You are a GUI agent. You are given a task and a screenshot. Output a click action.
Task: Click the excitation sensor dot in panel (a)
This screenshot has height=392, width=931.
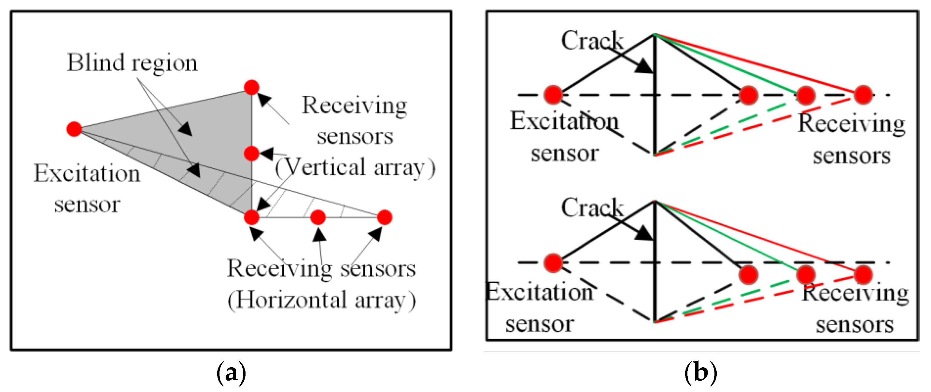click(74, 129)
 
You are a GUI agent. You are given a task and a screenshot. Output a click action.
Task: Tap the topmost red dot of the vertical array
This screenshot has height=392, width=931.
click(251, 88)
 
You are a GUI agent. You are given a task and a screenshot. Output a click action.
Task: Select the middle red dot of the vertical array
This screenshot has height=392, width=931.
click(251, 154)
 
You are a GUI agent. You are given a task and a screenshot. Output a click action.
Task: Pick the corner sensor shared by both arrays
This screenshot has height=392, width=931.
click(251, 217)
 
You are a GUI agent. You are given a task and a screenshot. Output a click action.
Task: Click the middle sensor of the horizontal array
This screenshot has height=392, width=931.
click(318, 217)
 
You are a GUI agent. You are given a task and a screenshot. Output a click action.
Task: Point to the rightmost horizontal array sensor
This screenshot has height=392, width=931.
click(384, 217)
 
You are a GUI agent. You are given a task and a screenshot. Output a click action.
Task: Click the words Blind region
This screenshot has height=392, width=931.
click(132, 63)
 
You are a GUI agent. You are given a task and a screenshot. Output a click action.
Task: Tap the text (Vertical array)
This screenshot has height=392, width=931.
click(355, 168)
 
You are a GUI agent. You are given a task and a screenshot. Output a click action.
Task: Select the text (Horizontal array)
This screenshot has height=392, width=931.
click(322, 300)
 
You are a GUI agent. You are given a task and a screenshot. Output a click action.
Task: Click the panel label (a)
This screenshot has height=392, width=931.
click(231, 372)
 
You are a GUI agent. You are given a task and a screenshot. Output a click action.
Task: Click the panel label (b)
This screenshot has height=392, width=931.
click(701, 372)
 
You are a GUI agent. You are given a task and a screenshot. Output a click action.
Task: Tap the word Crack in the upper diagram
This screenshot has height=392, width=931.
click(592, 40)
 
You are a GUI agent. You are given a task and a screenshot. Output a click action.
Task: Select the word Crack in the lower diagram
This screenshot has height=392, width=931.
click(592, 208)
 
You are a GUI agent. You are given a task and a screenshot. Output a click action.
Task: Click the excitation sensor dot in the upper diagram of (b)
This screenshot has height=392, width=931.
click(553, 95)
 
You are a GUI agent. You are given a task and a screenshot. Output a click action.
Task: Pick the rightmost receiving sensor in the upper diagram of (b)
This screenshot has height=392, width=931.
click(863, 95)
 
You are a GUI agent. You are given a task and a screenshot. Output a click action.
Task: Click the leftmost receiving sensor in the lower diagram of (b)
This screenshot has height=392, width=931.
click(748, 275)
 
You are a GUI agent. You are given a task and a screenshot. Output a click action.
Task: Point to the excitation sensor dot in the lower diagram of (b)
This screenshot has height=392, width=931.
click(553, 263)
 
